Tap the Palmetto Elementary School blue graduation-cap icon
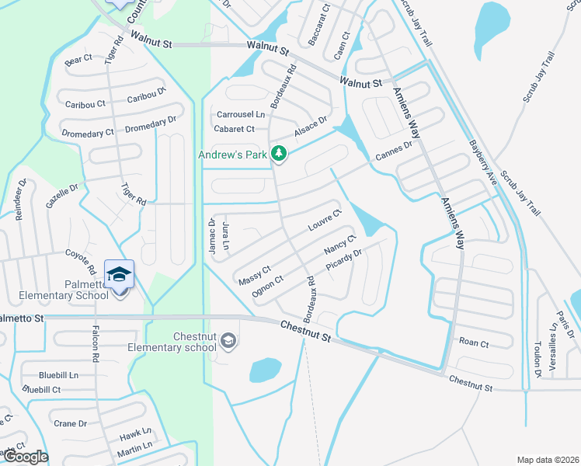click(119, 274)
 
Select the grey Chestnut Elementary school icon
click(228, 340)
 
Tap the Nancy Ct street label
click(339, 244)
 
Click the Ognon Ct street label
click(268, 286)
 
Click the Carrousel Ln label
click(240, 114)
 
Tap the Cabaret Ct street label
click(234, 129)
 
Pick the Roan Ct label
click(474, 343)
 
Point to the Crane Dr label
click(71, 423)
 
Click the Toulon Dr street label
click(538, 359)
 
